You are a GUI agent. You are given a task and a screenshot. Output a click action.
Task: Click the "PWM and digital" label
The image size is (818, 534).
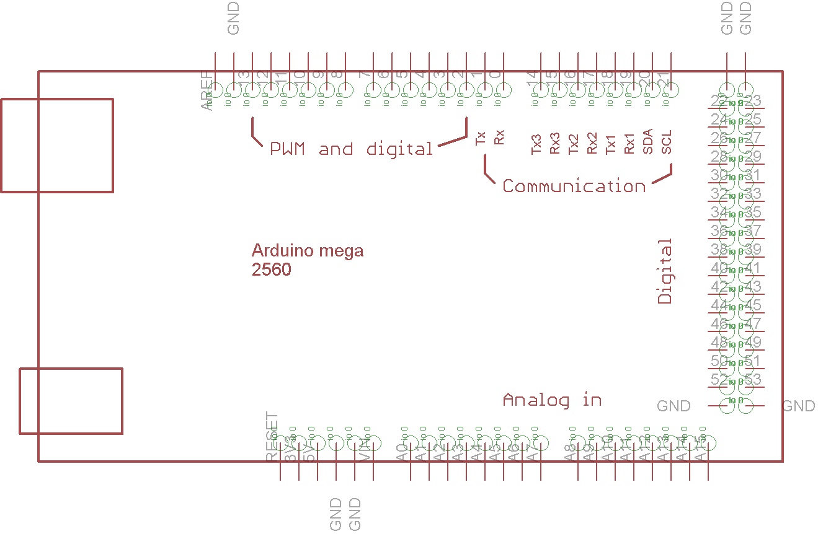[x=351, y=149]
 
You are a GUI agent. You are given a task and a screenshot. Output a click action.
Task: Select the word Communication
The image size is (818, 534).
[x=574, y=186]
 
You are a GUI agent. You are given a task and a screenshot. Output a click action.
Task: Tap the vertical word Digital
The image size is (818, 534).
[x=665, y=271]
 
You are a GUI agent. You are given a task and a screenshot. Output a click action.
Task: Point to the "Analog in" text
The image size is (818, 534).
[x=552, y=400]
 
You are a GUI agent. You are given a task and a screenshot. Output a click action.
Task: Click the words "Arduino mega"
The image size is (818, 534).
[x=308, y=251]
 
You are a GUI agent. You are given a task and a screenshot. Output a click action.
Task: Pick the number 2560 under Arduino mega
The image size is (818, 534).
[x=271, y=270]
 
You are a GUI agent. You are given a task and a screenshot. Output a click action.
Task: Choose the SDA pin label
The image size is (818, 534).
[x=648, y=142]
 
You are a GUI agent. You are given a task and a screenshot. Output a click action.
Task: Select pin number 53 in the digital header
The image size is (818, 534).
[x=752, y=379]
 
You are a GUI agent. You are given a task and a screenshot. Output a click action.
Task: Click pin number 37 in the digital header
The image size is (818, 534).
[x=752, y=231]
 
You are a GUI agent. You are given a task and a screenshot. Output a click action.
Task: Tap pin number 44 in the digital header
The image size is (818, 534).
[x=719, y=305]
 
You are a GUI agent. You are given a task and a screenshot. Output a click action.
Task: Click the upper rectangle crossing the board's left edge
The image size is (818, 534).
[x=57, y=145]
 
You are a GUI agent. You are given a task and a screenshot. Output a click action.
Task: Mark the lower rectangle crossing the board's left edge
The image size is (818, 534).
[x=71, y=401]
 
